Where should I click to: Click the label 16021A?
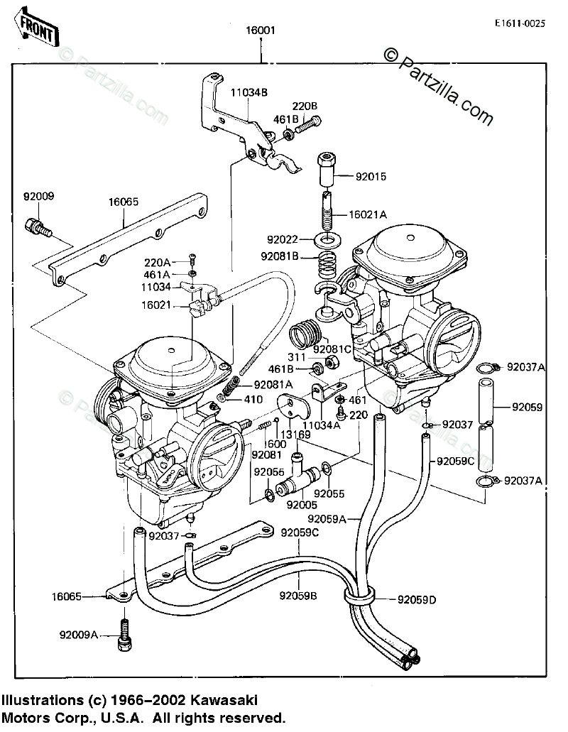368,214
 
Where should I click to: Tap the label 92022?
293,239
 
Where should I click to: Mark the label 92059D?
417,600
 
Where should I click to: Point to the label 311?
297,356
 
